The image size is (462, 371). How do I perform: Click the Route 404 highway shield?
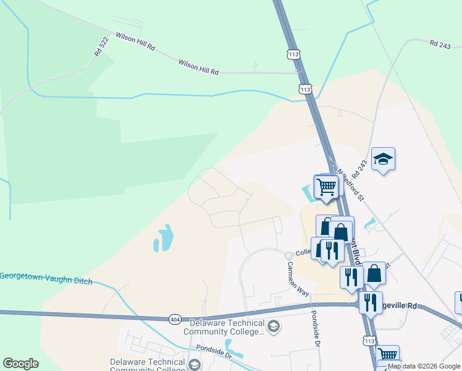(x=174, y=318)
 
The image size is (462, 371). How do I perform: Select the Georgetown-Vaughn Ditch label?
(x=46, y=278)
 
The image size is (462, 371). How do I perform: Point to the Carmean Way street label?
(x=297, y=278)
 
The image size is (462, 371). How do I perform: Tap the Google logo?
(x=20, y=364)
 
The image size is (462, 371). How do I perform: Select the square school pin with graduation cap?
(x=383, y=160)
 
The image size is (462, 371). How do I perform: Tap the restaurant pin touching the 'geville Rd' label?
(x=371, y=302)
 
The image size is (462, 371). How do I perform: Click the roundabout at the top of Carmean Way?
(x=288, y=255)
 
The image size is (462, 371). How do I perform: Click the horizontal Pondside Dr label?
(x=211, y=356)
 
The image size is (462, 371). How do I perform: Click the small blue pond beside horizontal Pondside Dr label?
(x=233, y=348)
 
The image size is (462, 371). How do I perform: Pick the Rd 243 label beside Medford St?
(x=359, y=167)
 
